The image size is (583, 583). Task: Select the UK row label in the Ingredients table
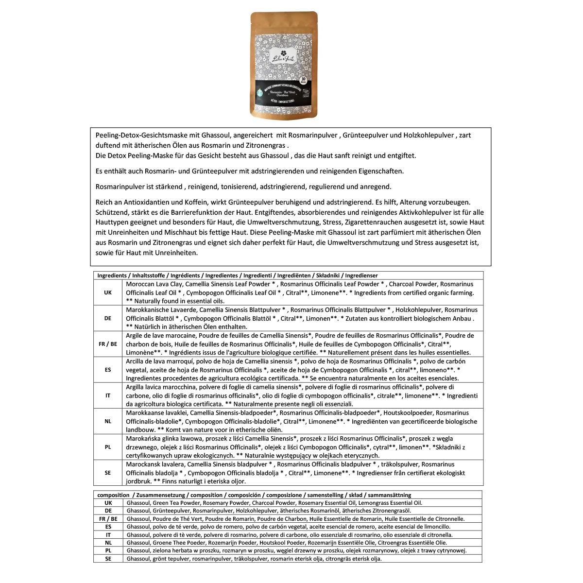pyautogui.click(x=108, y=292)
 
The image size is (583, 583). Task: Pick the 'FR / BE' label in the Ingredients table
pyautogui.click(x=108, y=344)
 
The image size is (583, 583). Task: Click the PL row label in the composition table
pyautogui.click(x=108, y=550)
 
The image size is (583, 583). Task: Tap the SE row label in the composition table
pyautogui.click(x=108, y=559)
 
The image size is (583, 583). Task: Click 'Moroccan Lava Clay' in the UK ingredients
pyautogui.click(x=154, y=284)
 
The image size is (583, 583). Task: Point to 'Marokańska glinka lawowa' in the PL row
pyautogui.click(x=162, y=439)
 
